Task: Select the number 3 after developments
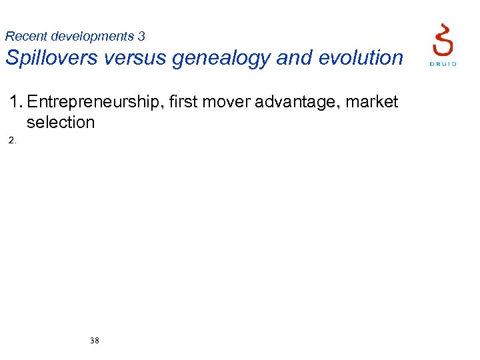click(x=141, y=37)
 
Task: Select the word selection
click(x=61, y=123)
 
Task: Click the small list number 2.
click(x=12, y=141)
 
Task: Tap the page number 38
click(x=95, y=341)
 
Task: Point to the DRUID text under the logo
click(x=442, y=64)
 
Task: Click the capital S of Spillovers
click(x=13, y=58)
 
